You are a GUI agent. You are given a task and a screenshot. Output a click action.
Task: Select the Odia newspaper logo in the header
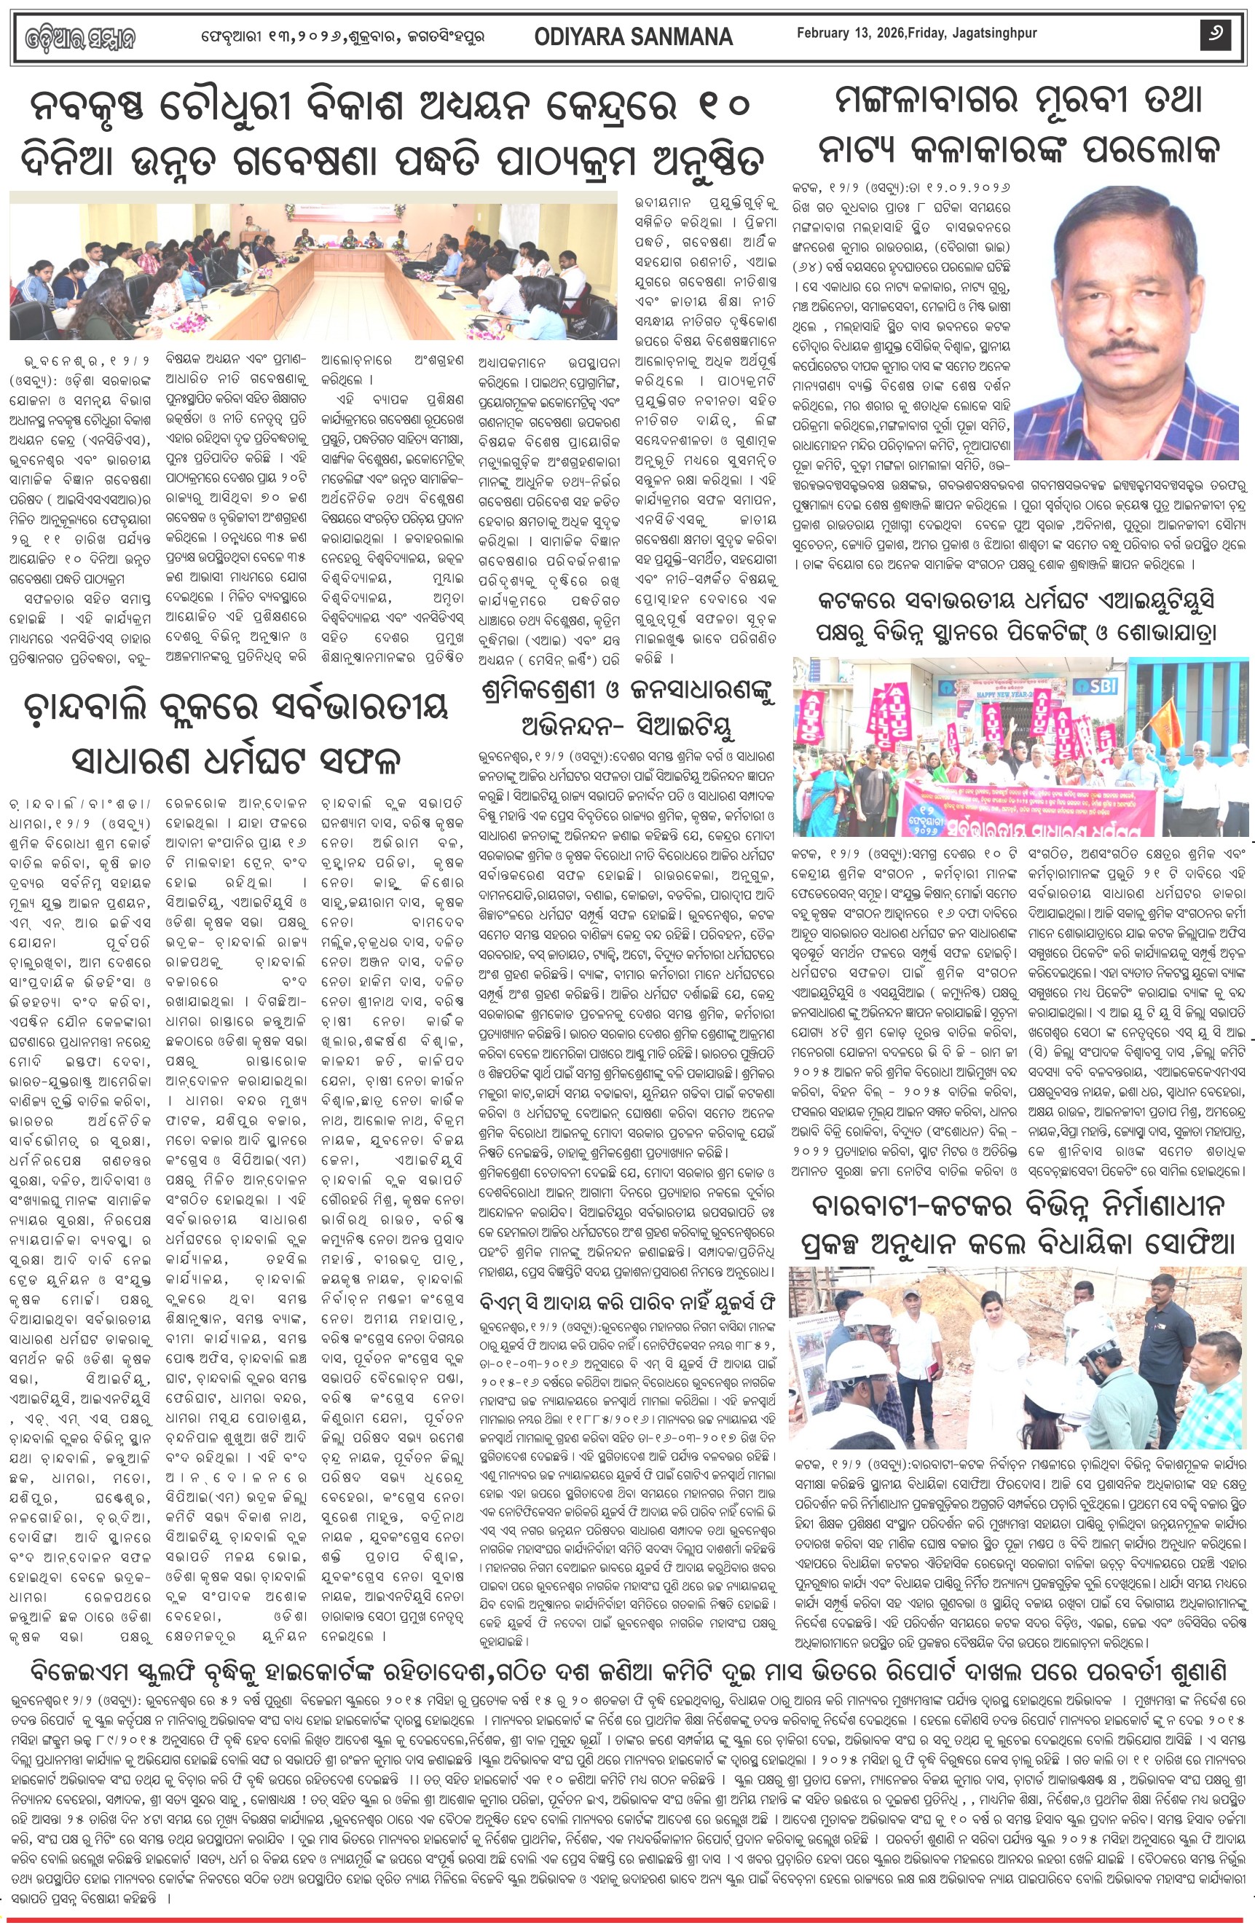pos(79,37)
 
